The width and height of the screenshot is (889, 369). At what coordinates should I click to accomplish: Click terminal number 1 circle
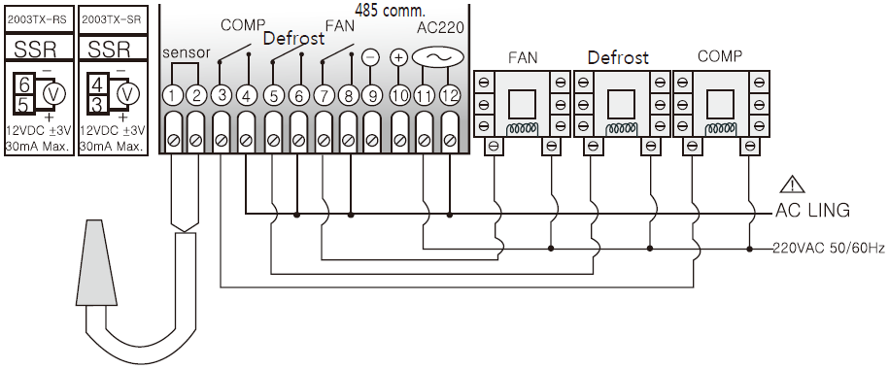[x=172, y=96]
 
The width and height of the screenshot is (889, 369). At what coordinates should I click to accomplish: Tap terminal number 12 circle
[x=449, y=96]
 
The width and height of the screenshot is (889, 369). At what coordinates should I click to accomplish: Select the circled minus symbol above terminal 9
[x=370, y=58]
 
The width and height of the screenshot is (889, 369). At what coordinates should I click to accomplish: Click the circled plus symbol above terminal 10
[x=399, y=58]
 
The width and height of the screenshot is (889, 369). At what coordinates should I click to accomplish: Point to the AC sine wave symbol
[x=437, y=57]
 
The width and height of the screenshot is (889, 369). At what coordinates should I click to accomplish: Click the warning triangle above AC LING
[x=792, y=184]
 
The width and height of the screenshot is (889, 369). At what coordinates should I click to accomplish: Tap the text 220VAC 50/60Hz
[x=829, y=249]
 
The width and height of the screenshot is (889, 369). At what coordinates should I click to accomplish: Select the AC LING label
[x=812, y=211]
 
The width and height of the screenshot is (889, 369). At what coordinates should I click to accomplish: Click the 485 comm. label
[x=390, y=10]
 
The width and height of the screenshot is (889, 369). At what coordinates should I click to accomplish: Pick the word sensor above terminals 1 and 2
[x=186, y=53]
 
